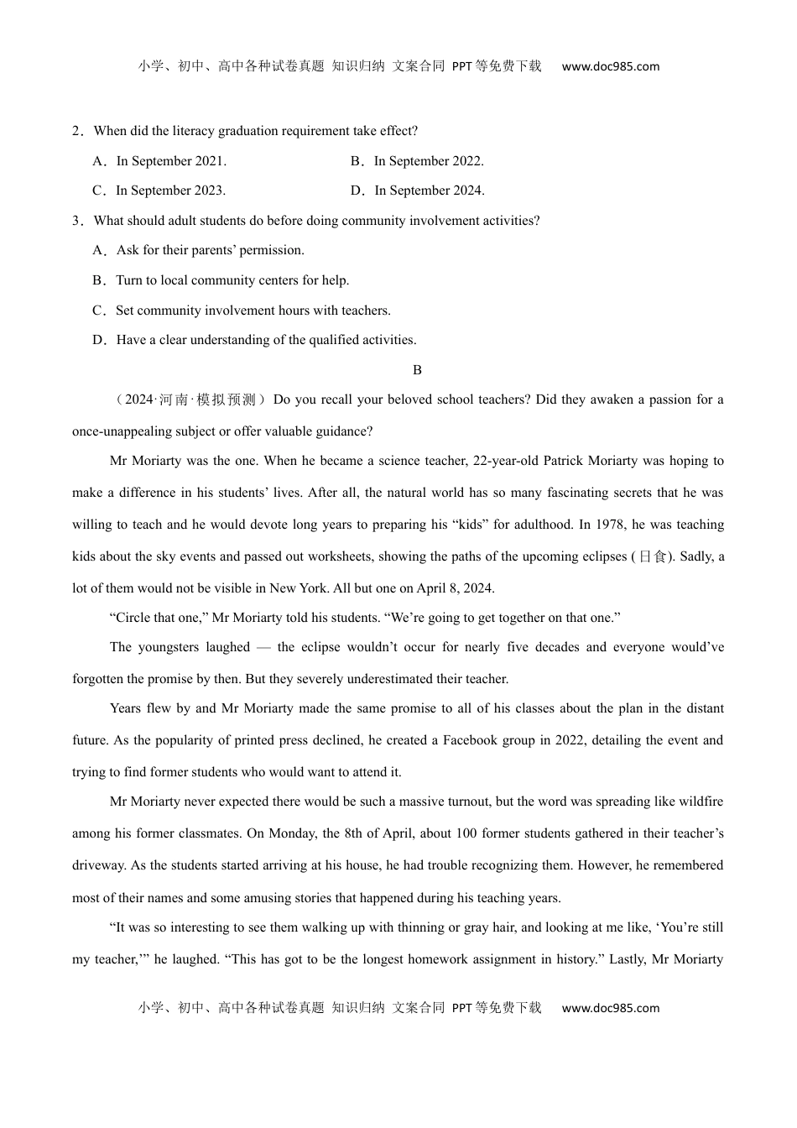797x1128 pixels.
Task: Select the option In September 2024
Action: click(x=429, y=191)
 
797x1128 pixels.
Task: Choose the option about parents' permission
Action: click(x=210, y=250)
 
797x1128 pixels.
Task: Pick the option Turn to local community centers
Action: click(x=232, y=280)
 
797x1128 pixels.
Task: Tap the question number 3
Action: click(x=76, y=221)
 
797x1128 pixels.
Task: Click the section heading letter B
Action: click(x=417, y=370)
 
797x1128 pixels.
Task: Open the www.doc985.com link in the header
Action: click(x=610, y=67)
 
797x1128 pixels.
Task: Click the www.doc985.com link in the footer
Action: click(x=610, y=1009)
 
